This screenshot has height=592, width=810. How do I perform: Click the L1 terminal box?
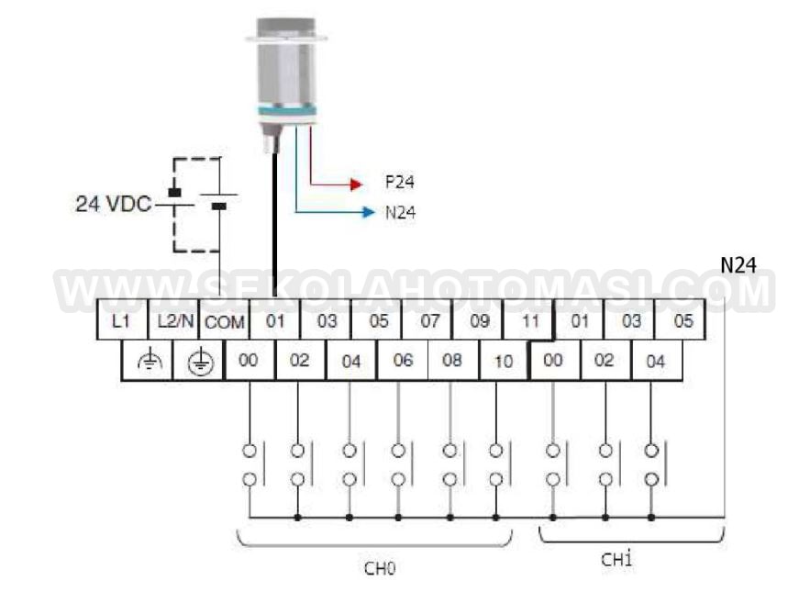tap(121, 322)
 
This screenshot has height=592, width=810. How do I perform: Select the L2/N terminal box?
tap(173, 322)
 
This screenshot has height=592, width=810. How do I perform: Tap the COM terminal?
tap(223, 322)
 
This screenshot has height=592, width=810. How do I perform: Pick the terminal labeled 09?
tap(480, 322)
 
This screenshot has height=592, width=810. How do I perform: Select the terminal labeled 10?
tap(504, 361)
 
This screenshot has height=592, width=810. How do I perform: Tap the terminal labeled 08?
tap(452, 361)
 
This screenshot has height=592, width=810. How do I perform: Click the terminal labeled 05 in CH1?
tap(682, 322)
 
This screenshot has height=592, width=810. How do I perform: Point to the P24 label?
tap(399, 183)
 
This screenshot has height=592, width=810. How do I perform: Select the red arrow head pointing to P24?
tap(357, 184)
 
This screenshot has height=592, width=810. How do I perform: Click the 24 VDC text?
tap(113, 204)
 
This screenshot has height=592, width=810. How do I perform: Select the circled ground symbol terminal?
tap(199, 362)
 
